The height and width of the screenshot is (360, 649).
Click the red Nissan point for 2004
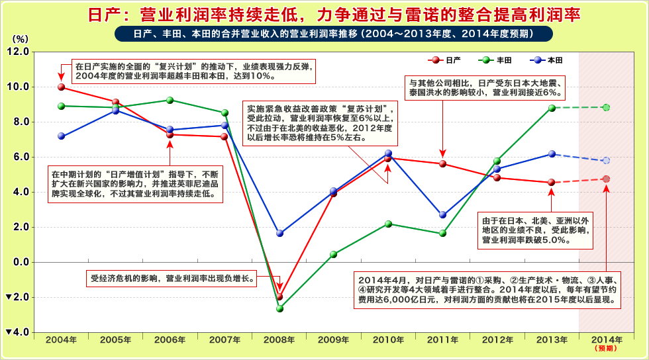point(61,87)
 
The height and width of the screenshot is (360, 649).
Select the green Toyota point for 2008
point(279,308)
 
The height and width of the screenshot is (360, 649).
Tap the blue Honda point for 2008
point(279,233)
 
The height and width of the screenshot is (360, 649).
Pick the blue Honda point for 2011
point(443,214)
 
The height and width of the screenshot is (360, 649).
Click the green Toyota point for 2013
point(552,108)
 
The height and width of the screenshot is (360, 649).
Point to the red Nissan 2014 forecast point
point(606,179)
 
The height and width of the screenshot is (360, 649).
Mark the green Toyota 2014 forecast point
point(606,107)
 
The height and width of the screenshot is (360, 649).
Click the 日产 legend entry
point(445,60)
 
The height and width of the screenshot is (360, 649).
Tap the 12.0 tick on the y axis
point(17,52)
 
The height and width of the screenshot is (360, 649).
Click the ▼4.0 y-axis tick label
point(15,332)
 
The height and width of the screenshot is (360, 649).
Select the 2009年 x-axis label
point(334,340)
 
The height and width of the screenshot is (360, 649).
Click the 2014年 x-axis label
point(606,340)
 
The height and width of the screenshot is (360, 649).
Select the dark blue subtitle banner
point(324,33)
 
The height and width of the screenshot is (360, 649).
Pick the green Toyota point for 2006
point(170,101)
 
